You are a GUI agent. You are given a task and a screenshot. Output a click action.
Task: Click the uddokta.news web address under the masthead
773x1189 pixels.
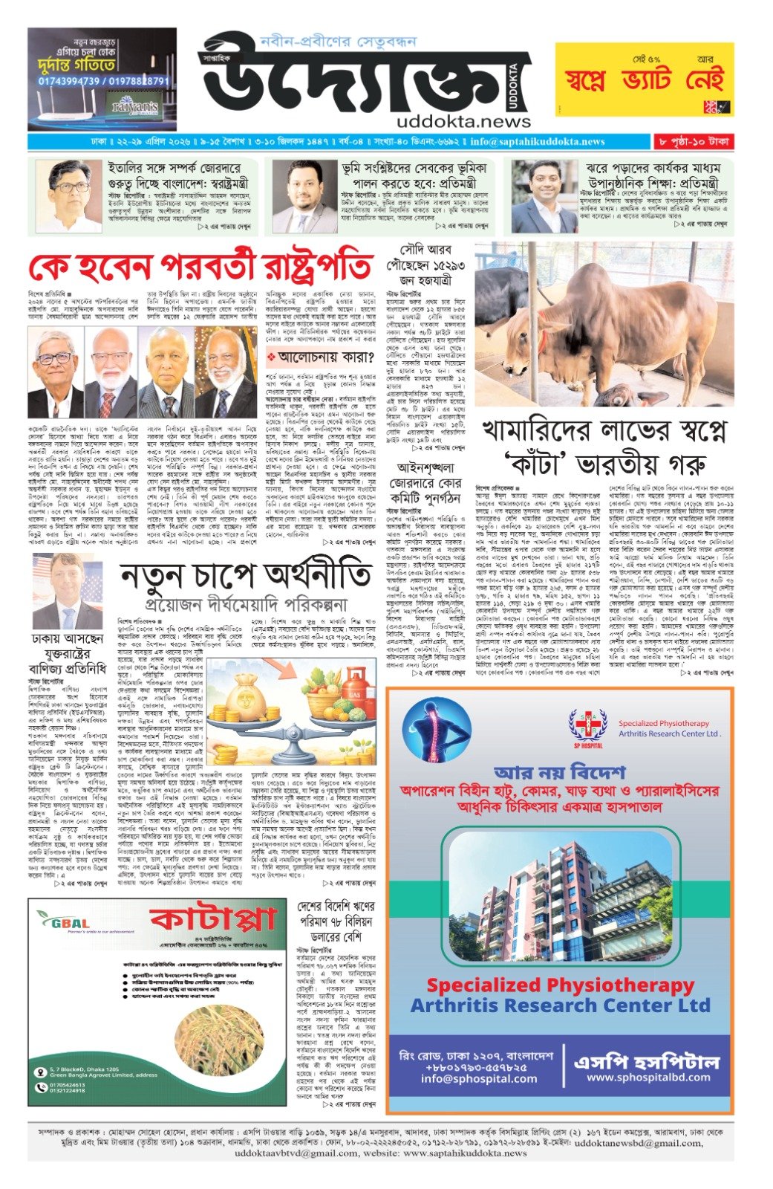453,121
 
